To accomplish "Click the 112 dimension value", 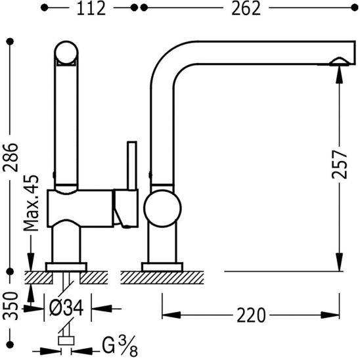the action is point(91,9).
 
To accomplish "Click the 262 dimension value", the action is point(246,9).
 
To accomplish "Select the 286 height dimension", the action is point(11,157).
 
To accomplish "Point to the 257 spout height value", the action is point(340,164).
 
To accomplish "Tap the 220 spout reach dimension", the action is point(251,315).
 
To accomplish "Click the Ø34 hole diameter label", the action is point(66,308).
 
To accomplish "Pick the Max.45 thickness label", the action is point(32,203).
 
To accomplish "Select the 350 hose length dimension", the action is point(11,305).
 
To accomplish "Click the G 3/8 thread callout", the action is point(120,346).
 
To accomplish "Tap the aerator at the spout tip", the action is point(339,62).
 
